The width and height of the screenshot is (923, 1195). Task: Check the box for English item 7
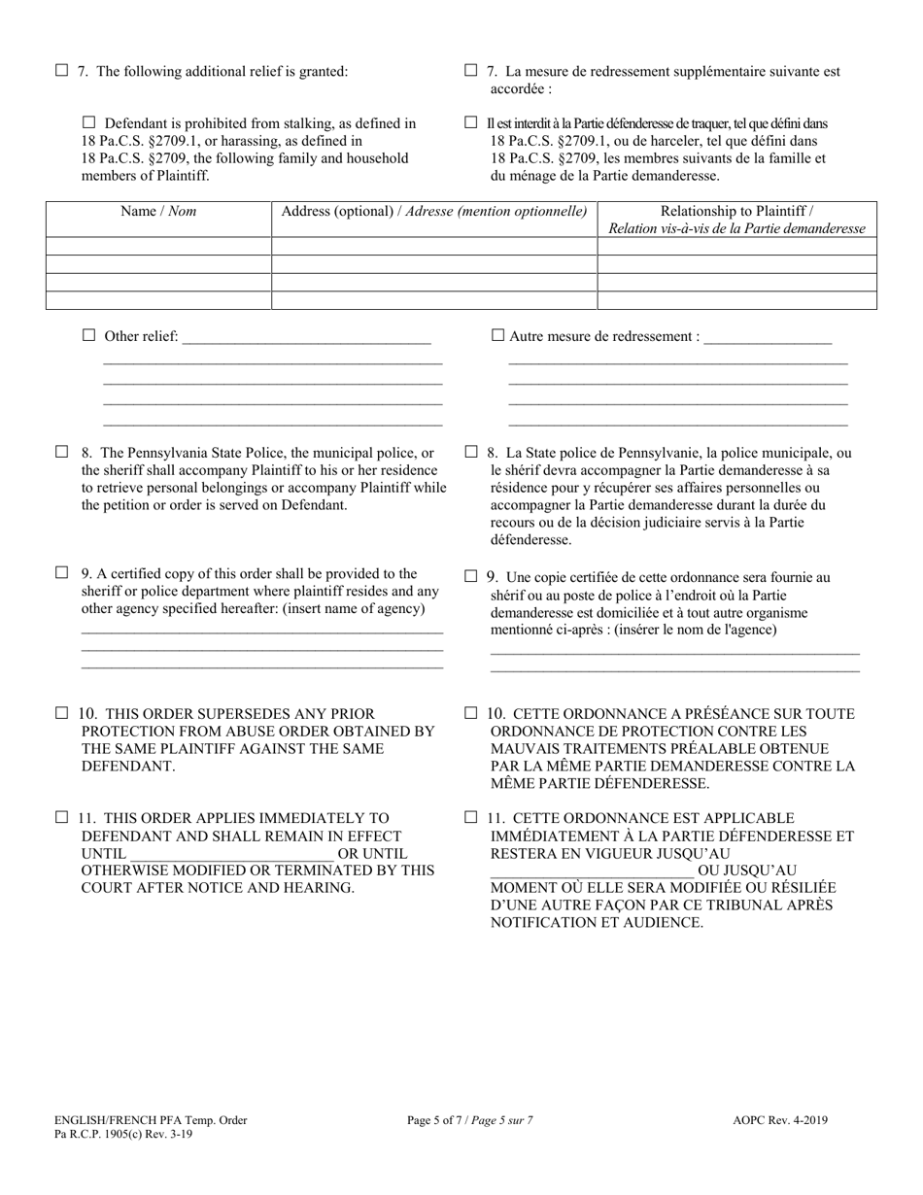click(x=62, y=70)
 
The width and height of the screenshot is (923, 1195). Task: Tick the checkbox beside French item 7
click(x=471, y=70)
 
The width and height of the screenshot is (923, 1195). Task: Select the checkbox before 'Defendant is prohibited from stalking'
click(x=90, y=123)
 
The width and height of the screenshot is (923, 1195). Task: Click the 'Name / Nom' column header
click(x=158, y=212)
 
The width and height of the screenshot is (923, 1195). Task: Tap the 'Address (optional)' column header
click(x=433, y=212)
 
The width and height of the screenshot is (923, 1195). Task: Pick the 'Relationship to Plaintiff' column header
click(x=736, y=220)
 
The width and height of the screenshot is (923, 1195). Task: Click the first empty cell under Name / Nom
click(x=158, y=246)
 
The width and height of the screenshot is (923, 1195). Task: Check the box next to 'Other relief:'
click(x=90, y=336)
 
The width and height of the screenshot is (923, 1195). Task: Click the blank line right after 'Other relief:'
click(x=306, y=338)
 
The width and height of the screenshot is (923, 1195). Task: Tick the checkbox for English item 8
click(x=62, y=452)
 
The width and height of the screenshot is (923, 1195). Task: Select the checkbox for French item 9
click(x=471, y=576)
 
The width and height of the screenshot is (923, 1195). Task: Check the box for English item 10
click(x=62, y=713)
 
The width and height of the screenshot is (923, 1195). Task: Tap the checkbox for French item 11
click(x=471, y=818)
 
